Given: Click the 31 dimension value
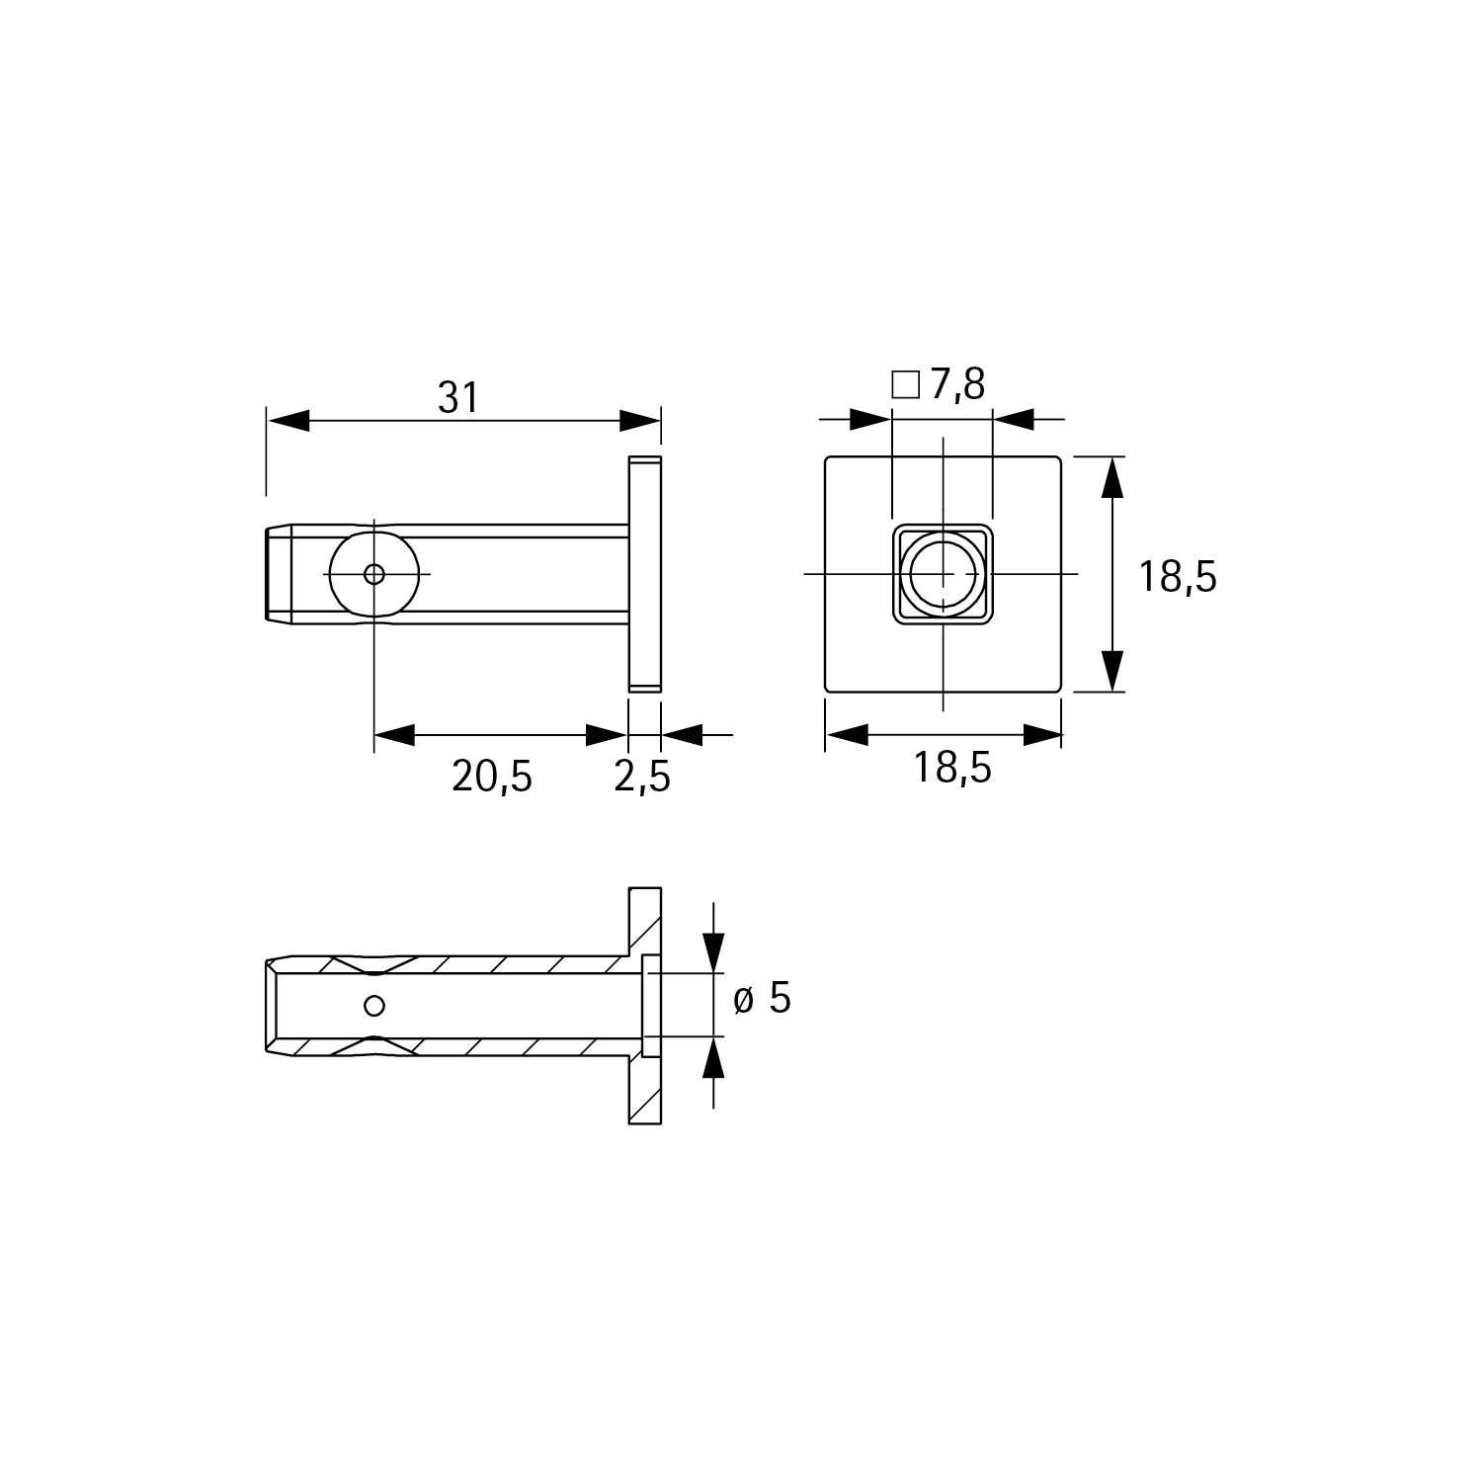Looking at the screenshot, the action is [x=458, y=397].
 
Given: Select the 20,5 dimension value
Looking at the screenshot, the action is [x=492, y=778].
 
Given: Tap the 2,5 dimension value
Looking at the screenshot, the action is [x=642, y=778].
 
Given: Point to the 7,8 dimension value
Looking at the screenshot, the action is [x=956, y=384].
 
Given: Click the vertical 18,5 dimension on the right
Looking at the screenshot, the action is [x=1178, y=576].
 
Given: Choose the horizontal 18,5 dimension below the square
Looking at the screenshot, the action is [x=951, y=767].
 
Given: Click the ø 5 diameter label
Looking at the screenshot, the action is [x=762, y=1000].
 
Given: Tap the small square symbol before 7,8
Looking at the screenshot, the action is [x=905, y=384].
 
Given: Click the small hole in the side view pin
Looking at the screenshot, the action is [x=374, y=574].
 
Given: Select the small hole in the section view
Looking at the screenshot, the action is [x=373, y=1006].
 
